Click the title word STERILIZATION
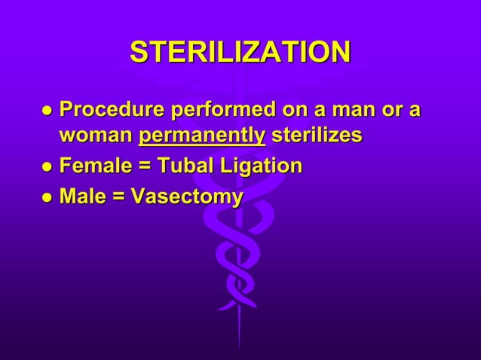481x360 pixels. coord(240,53)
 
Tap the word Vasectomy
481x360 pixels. coord(187,197)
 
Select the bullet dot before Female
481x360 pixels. coord(47,167)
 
